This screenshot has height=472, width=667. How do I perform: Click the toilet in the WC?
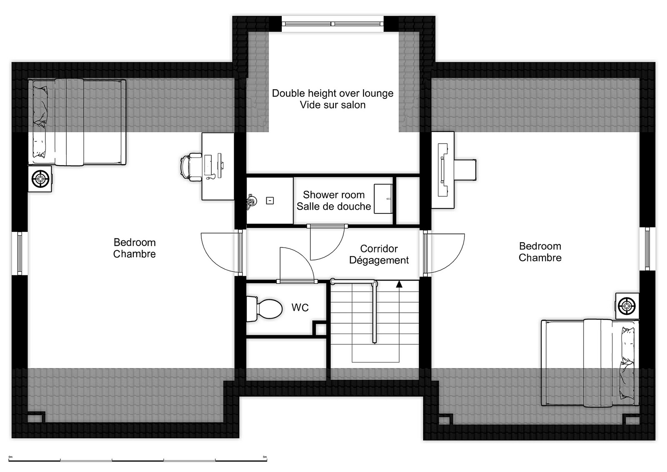[264, 309]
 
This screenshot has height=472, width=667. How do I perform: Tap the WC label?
[300, 308]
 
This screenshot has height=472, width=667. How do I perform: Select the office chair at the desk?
[191, 167]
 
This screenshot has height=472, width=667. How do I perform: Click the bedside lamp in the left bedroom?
[40, 179]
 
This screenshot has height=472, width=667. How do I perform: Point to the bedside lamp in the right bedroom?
[627, 306]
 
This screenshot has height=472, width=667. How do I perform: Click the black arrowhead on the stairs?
[399, 284]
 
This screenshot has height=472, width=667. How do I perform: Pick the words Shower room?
[334, 195]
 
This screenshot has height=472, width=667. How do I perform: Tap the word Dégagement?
[379, 260]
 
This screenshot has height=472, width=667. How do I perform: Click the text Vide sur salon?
[333, 105]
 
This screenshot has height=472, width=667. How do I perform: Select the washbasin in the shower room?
[383, 198]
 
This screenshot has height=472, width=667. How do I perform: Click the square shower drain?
[270, 201]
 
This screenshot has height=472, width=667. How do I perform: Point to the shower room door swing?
[328, 243]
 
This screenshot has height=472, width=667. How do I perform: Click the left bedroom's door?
[222, 253]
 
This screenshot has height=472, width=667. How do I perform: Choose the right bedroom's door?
[444, 253]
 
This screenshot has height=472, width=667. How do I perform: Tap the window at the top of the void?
[332, 24]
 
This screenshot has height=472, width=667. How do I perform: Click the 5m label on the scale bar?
[265, 457]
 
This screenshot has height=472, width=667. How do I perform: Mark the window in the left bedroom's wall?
[20, 254]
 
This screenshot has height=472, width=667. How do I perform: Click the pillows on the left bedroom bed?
[40, 122]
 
